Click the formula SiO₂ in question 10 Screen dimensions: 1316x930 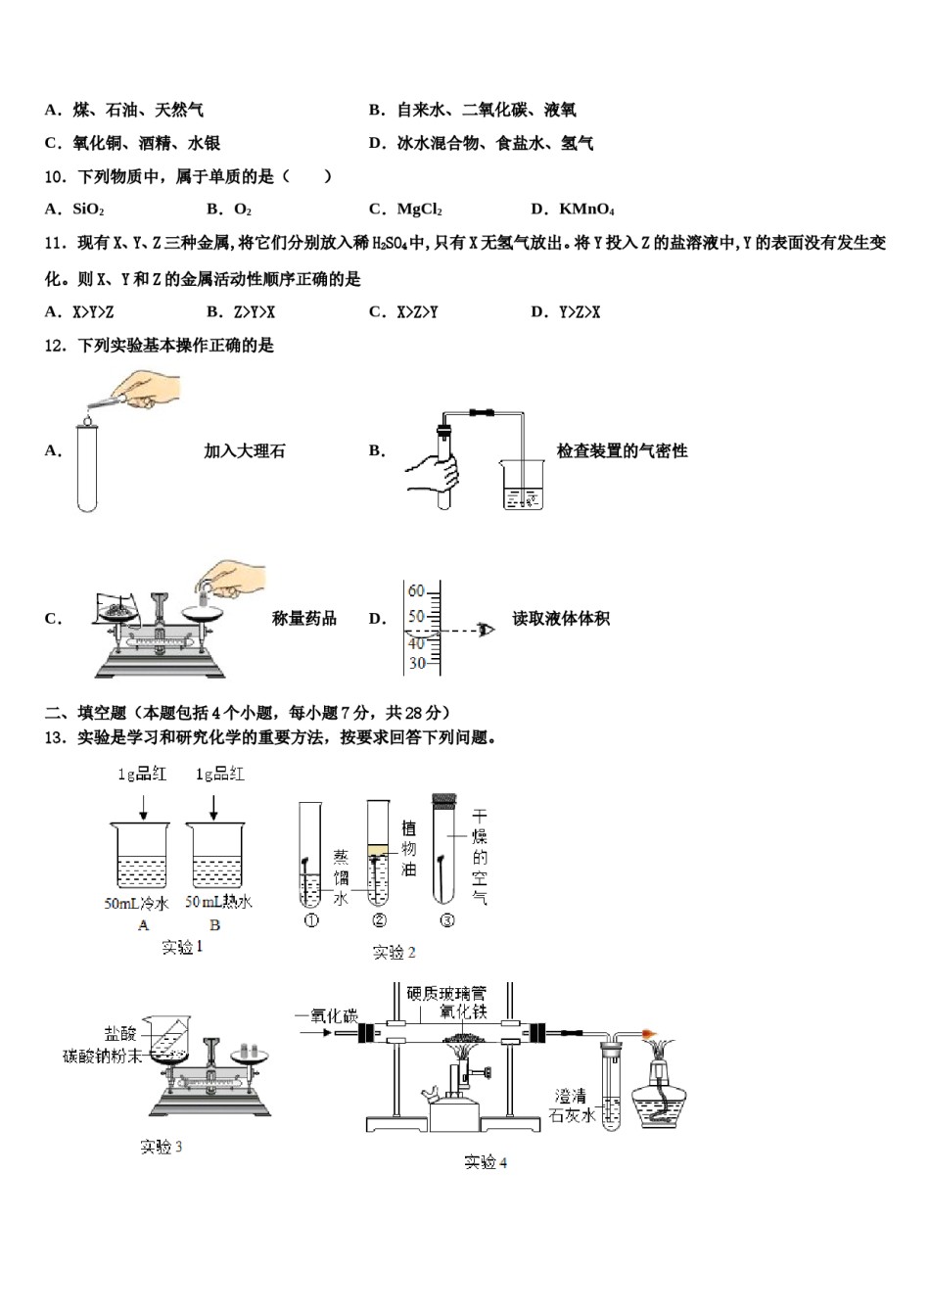click(x=88, y=210)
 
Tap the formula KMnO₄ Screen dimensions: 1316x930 click(x=586, y=210)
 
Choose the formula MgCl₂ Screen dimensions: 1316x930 click(x=419, y=210)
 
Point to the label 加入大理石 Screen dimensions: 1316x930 click(x=245, y=451)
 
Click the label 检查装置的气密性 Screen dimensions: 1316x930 click(x=622, y=451)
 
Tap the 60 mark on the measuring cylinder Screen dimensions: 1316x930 click(x=417, y=591)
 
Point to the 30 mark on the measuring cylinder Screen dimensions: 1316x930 click(x=417, y=663)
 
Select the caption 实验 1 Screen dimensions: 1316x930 click(x=182, y=947)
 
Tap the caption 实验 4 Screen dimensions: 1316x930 click(x=486, y=1162)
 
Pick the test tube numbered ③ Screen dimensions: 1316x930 click(x=446, y=852)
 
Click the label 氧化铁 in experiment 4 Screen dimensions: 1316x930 click(x=463, y=1011)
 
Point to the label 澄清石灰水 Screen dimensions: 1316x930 click(x=574, y=1105)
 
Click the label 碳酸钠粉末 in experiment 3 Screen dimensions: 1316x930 click(x=102, y=1056)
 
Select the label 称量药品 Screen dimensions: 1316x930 click(x=304, y=619)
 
